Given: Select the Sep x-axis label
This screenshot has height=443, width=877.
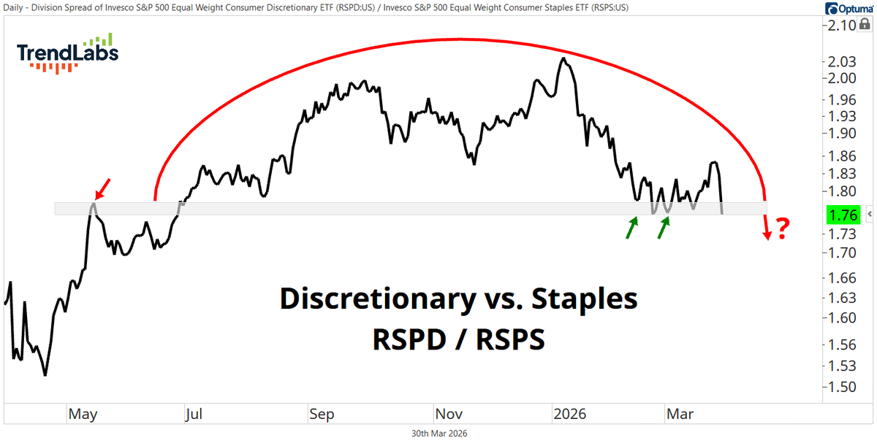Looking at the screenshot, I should (322, 415).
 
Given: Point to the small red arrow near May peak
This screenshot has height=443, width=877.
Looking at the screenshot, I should (104, 188).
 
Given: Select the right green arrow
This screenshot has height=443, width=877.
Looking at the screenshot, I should (664, 228).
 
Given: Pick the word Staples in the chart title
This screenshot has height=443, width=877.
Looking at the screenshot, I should (584, 299).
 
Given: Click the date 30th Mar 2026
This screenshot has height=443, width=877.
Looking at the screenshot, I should (439, 434).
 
